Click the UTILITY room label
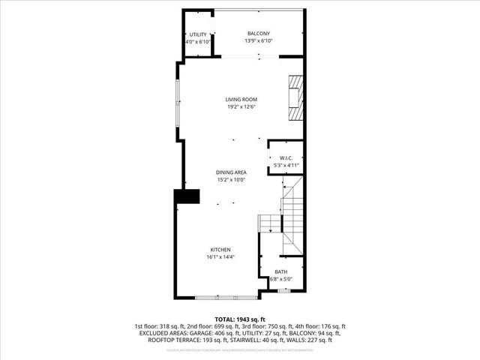[198, 34]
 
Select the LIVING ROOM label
[241, 100]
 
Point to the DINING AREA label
[231, 172]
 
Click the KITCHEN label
[220, 250]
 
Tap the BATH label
[280, 272]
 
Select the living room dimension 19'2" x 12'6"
[241, 106]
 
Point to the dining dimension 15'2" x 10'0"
[231, 179]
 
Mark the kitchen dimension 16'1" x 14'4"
[220, 256]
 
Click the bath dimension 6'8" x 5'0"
[280, 279]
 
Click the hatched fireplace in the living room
[296, 97]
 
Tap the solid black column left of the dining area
[187, 196]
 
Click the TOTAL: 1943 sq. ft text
[239, 319]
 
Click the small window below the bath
[284, 290]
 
